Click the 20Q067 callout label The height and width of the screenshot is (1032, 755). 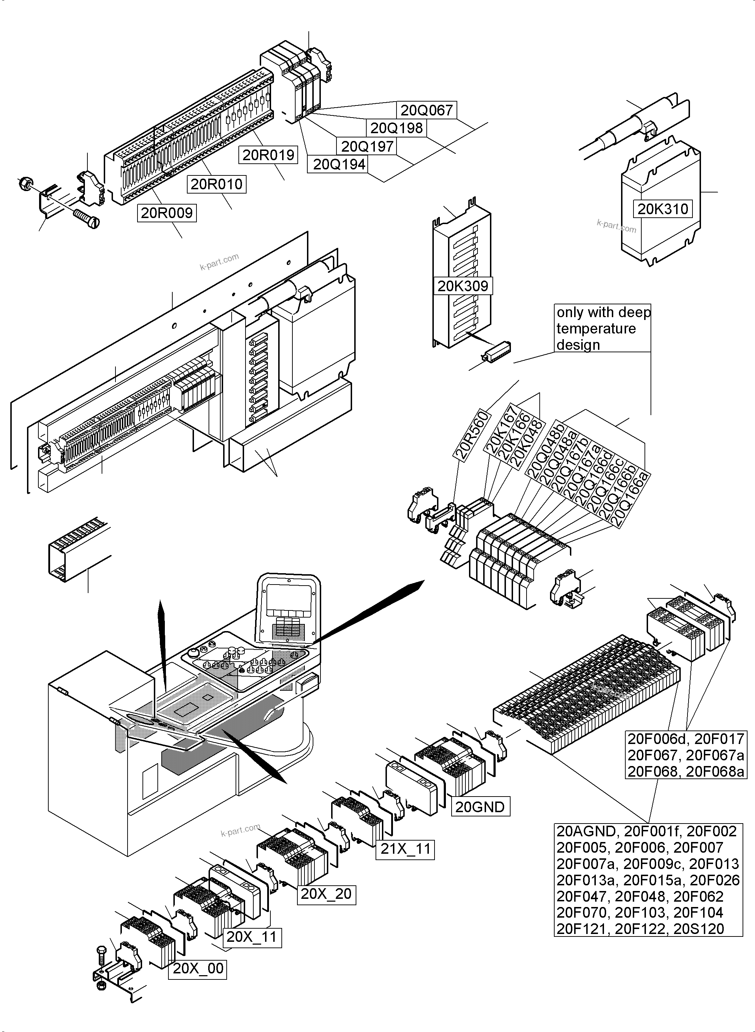click(426, 110)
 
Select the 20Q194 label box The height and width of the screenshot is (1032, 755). click(339, 164)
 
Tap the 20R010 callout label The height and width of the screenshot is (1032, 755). click(216, 184)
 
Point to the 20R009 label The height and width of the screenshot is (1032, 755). click(167, 213)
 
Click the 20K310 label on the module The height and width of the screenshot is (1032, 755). click(662, 209)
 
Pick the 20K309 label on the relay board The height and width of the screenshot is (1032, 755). click(463, 286)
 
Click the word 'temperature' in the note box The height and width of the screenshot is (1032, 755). click(596, 328)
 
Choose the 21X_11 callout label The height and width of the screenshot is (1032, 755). click(405, 849)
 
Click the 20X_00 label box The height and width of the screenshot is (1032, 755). click(198, 968)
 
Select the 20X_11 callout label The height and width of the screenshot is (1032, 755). click(252, 936)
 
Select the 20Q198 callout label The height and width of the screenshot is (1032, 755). click(396, 128)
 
